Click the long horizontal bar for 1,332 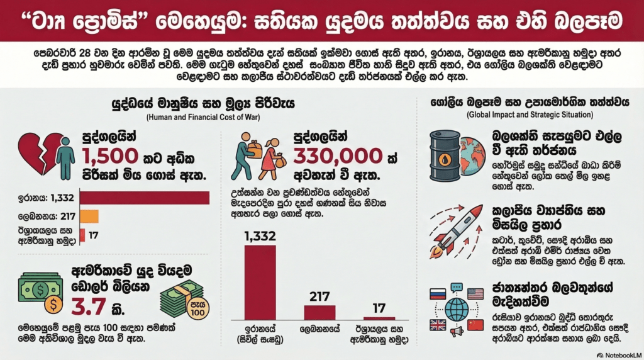144,198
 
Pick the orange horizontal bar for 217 89,217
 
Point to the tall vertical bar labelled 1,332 260,283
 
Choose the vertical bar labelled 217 319,313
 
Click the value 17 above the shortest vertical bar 379,308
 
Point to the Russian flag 436,293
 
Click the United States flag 475,293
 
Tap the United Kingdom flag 437,325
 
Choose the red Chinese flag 475,325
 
